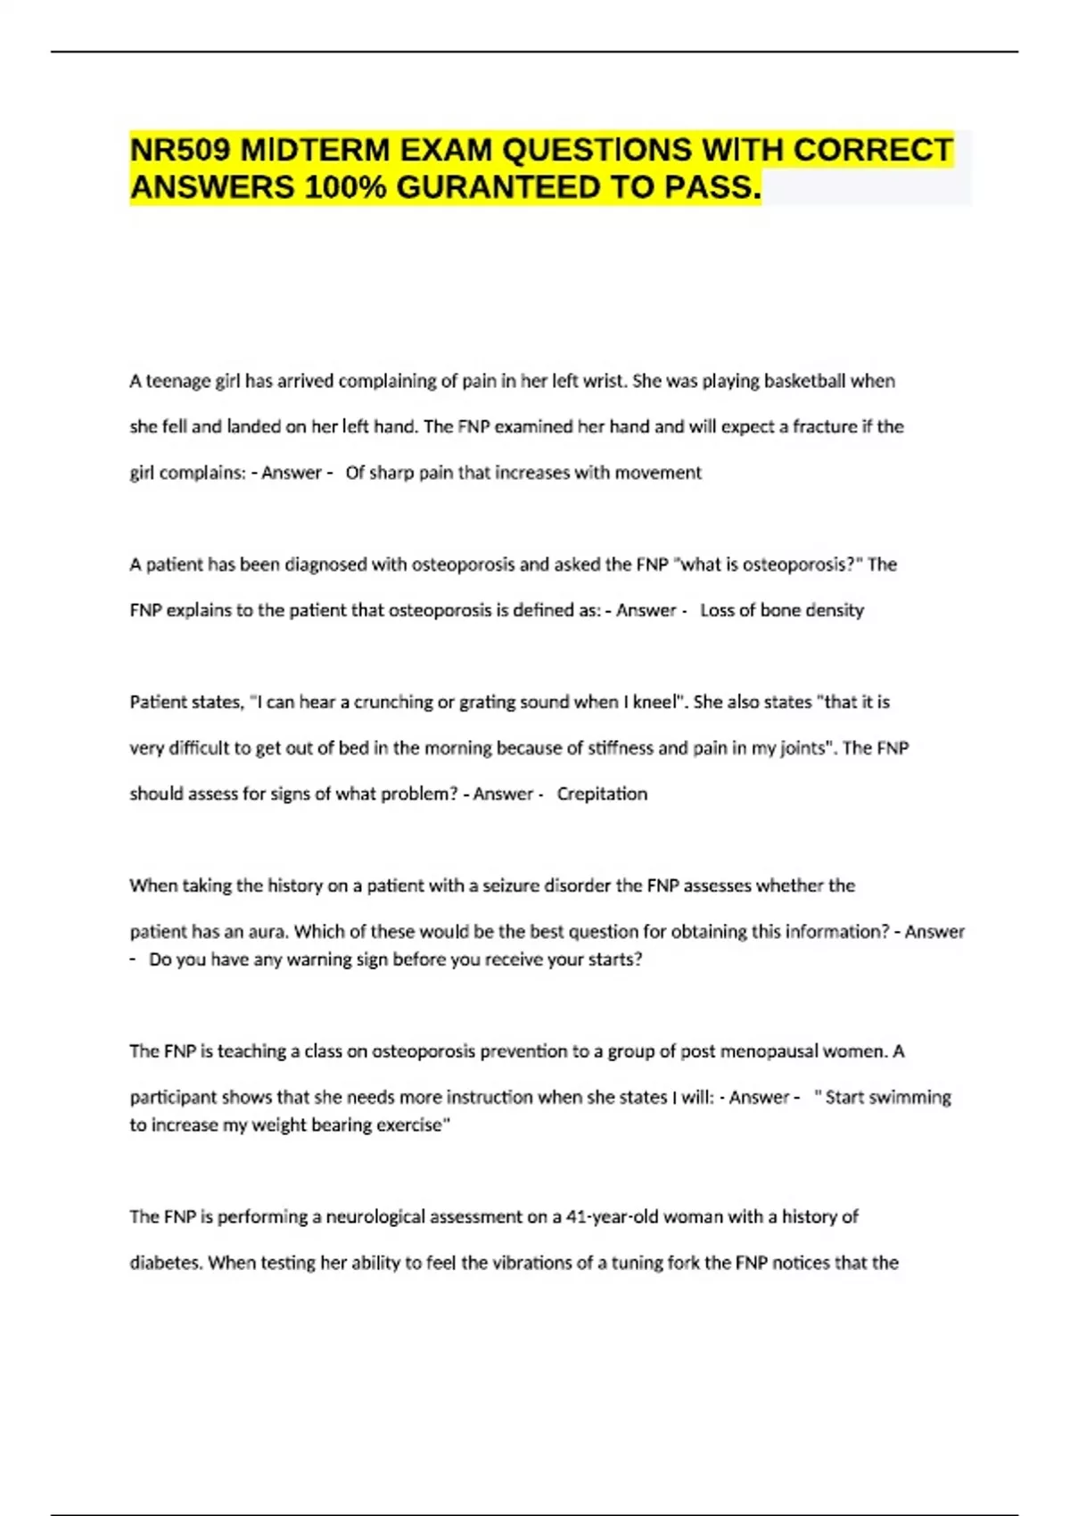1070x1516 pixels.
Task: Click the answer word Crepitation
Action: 602,794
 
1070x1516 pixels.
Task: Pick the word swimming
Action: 909,1097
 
